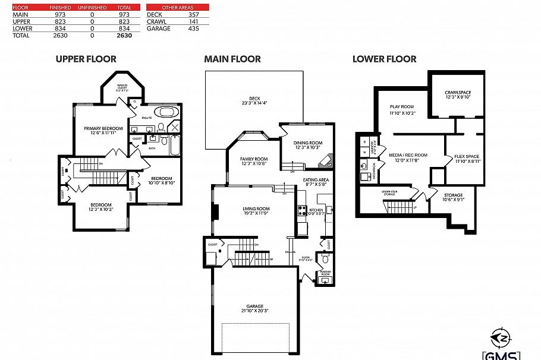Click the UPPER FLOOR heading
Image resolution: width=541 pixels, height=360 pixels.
coord(86,59)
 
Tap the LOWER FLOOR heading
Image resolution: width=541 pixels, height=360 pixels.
coord(384,59)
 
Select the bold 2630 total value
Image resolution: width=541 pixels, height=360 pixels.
coord(124,35)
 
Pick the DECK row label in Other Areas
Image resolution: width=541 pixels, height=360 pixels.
coord(154,14)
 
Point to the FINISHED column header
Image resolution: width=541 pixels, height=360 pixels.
coord(60,7)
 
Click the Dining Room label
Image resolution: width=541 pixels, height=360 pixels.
coord(308,144)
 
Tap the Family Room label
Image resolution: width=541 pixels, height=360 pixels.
coord(254,161)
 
